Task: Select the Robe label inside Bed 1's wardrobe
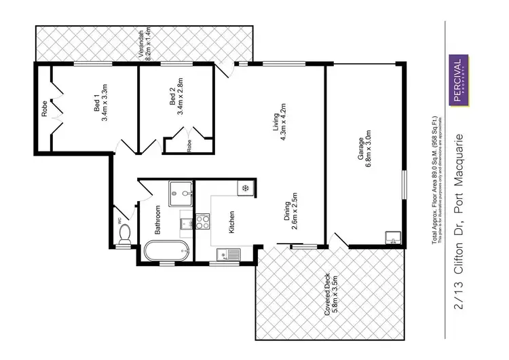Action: pos(45,109)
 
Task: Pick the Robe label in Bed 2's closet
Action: pos(190,144)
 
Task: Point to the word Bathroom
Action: pos(157,219)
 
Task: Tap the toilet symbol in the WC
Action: pos(125,234)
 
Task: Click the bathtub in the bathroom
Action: pos(167,252)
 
